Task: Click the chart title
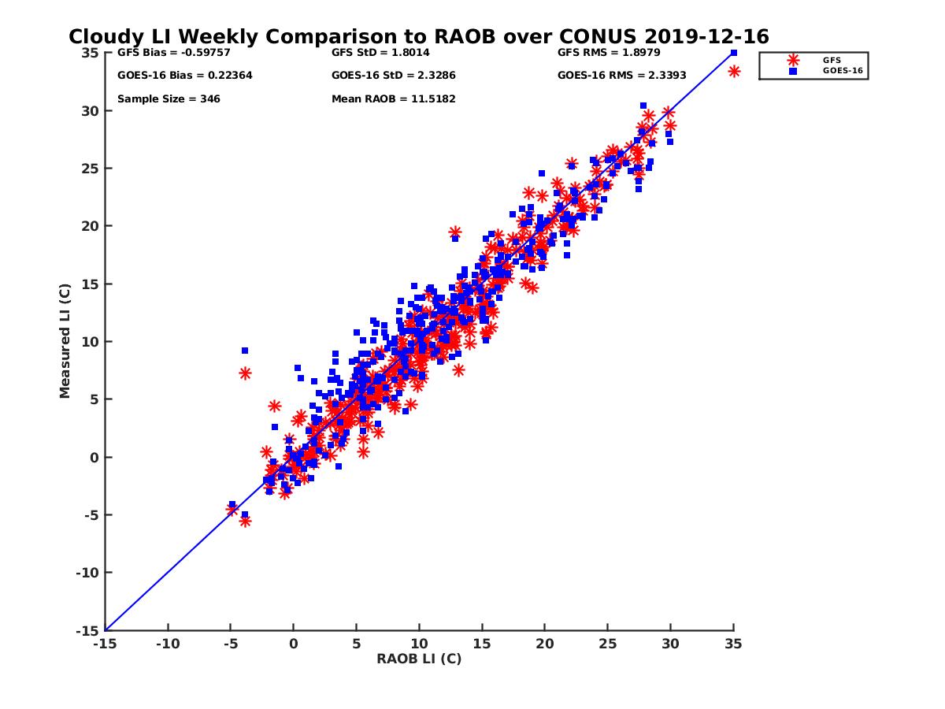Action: pos(418,37)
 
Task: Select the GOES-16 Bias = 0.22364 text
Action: pos(184,76)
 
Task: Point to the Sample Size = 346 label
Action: pos(169,99)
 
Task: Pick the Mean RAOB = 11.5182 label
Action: pos(393,99)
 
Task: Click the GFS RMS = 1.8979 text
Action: pos(608,53)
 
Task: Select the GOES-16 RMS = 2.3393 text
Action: pos(621,76)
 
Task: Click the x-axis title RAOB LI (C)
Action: pos(418,659)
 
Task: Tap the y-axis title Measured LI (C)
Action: pos(65,341)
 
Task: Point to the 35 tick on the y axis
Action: pos(89,53)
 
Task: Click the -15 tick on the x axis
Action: pos(104,644)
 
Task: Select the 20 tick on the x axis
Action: pos(544,644)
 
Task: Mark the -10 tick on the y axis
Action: pos(87,573)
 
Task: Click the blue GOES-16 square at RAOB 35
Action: pos(733,53)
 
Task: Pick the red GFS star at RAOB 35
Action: pos(734,72)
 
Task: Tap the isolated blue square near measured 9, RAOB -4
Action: pos(245,351)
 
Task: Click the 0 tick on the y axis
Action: pos(94,457)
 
